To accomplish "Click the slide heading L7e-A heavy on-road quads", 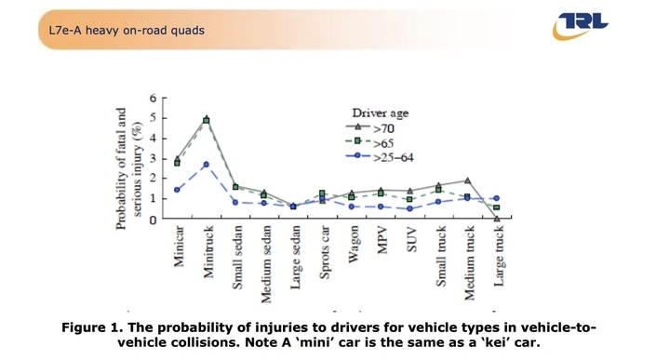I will (x=127, y=30).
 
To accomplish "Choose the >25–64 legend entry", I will (x=391, y=157).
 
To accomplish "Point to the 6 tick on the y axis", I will (x=153, y=98).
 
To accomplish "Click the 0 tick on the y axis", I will (x=153, y=220).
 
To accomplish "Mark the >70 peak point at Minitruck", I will (x=207, y=119).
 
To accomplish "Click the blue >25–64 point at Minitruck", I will (x=207, y=165).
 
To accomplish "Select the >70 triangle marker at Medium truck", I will (x=467, y=180).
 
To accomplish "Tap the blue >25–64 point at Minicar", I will (x=178, y=190).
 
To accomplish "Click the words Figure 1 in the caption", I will (x=94, y=327).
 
